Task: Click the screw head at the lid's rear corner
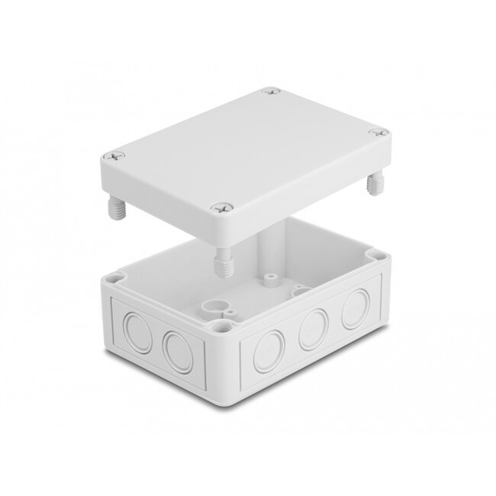[274, 94]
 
